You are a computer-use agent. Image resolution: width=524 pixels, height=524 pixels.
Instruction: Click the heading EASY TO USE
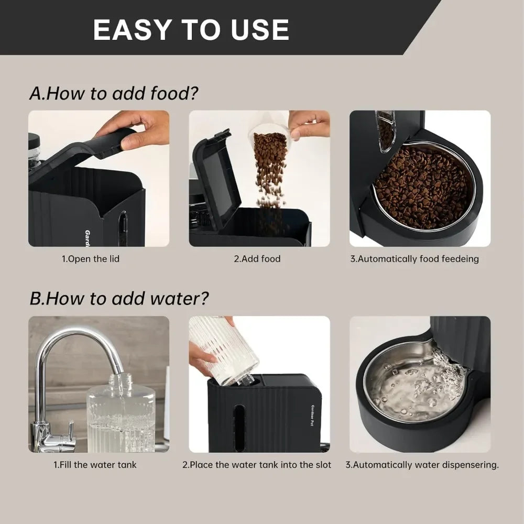tap(191, 29)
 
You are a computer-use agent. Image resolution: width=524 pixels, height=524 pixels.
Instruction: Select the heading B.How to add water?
tap(119, 299)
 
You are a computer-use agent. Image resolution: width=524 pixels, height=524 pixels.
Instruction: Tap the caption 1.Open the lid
tap(91, 259)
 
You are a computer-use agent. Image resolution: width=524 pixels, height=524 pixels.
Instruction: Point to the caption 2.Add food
tap(257, 259)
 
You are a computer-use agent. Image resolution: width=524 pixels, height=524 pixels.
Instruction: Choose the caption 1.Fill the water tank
tap(95, 465)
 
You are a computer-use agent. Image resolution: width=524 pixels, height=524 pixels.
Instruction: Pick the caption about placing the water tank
tap(257, 465)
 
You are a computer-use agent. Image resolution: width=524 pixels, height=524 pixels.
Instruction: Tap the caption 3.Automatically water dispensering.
tap(422, 465)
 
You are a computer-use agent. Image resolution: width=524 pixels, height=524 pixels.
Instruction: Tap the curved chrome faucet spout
tap(79, 341)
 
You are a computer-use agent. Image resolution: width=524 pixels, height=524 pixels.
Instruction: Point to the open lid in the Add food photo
tap(216, 176)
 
